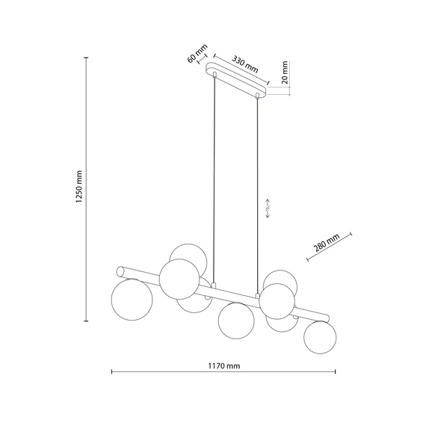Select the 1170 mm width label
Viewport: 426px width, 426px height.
point(223,366)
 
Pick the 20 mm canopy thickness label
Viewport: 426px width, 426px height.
point(285,73)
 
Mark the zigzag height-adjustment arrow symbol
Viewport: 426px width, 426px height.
point(268,209)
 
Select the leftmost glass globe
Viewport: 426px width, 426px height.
point(132,299)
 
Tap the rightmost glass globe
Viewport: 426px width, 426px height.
point(320,336)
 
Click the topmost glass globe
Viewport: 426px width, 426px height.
point(188,261)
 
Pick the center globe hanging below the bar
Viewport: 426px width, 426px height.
point(236,320)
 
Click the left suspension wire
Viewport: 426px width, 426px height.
point(215,179)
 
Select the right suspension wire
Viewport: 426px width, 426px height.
point(258,187)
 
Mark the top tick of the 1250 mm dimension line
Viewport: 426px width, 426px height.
point(87,59)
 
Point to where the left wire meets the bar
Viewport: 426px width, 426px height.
point(214,285)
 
